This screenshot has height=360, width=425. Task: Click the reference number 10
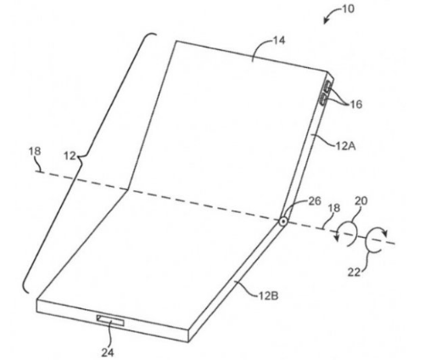(348, 9)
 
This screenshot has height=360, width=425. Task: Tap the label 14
(279, 41)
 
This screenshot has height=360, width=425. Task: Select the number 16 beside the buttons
(356, 104)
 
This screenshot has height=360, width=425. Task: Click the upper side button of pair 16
(328, 87)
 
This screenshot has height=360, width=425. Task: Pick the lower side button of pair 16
(323, 100)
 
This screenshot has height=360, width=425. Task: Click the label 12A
(345, 146)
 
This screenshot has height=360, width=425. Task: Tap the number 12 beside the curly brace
(70, 155)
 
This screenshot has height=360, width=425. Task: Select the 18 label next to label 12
(35, 151)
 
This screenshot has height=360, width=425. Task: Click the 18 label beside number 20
(334, 208)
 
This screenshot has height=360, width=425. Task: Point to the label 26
(315, 201)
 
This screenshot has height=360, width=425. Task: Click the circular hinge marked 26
(282, 222)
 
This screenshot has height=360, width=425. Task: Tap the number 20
(361, 201)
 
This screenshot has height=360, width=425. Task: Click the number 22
(355, 272)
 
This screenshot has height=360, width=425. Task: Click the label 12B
(269, 296)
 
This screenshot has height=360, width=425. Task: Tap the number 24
(108, 352)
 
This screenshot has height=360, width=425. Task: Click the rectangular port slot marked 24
(110, 320)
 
